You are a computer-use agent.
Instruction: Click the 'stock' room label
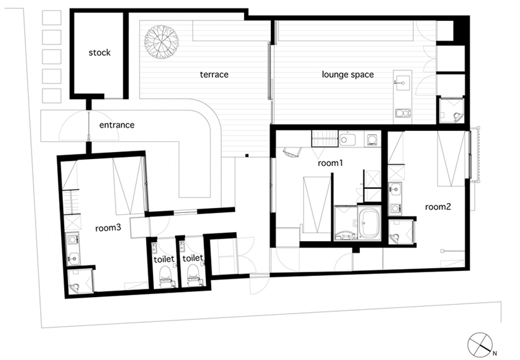pyautogui.click(x=100, y=52)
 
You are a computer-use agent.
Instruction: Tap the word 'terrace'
pyautogui.click(x=214, y=74)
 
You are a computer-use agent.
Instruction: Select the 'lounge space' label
pyautogui.click(x=348, y=74)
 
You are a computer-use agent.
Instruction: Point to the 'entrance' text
pyautogui.click(x=117, y=125)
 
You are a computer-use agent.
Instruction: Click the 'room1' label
pyautogui.click(x=330, y=163)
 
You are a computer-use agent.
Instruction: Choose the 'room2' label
pyautogui.click(x=438, y=207)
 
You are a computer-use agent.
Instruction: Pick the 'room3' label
pyautogui.click(x=108, y=228)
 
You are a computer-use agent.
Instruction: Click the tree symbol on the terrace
pyautogui.click(x=161, y=43)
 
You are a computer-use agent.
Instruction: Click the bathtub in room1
pyautogui.click(x=369, y=223)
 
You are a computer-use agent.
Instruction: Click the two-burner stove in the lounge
pyautogui.click(x=403, y=114)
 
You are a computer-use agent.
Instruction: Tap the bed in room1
pyautogui.click(x=317, y=205)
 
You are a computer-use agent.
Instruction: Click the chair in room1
pyautogui.click(x=292, y=152)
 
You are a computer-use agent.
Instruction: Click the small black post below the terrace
pyautogui.click(x=247, y=155)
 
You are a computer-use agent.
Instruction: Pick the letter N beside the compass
pyautogui.click(x=495, y=354)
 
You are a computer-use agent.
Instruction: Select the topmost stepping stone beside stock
pyautogui.click(x=51, y=17)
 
